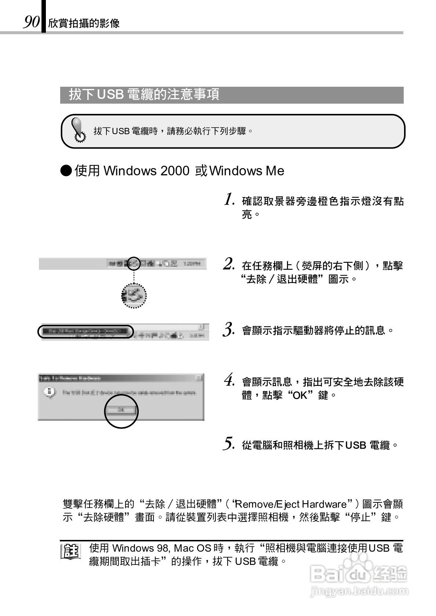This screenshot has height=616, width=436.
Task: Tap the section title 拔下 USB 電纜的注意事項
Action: (x=144, y=94)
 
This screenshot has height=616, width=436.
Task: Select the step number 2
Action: (x=229, y=264)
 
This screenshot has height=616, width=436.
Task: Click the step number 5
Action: (x=229, y=444)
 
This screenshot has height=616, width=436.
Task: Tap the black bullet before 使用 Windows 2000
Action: (x=66, y=171)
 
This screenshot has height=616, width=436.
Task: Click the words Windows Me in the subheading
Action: (x=247, y=171)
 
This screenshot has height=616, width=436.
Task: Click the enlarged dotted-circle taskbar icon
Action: (x=134, y=296)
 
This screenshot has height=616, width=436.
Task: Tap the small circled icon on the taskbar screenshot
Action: (x=134, y=263)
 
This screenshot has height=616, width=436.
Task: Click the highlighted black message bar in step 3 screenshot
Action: (x=85, y=332)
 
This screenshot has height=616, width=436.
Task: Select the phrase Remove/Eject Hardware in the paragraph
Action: (x=293, y=504)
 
